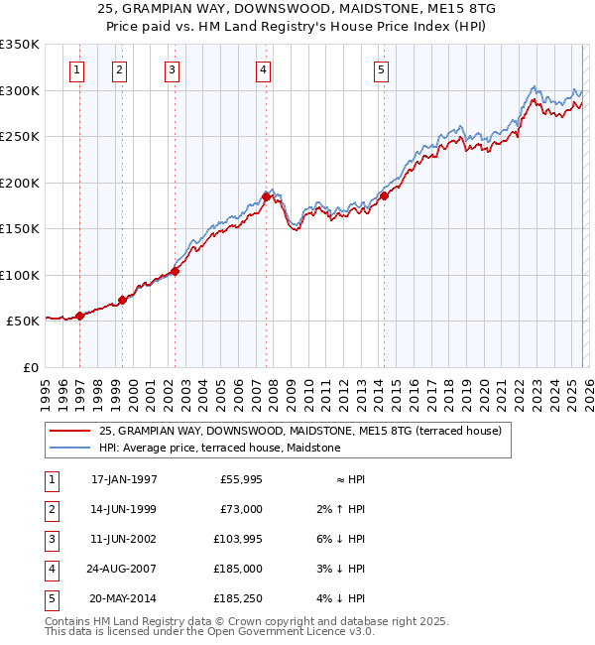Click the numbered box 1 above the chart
(x=77, y=69)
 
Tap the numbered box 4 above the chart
(x=263, y=69)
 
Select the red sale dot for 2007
(x=267, y=196)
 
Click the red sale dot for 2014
(x=384, y=195)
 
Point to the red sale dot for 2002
(x=175, y=271)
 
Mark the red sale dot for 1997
(x=80, y=316)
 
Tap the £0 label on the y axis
(x=29, y=368)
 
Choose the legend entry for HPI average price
(x=219, y=448)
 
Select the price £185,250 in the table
(x=235, y=598)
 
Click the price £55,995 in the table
(x=239, y=479)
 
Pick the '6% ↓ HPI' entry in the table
(x=344, y=539)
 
